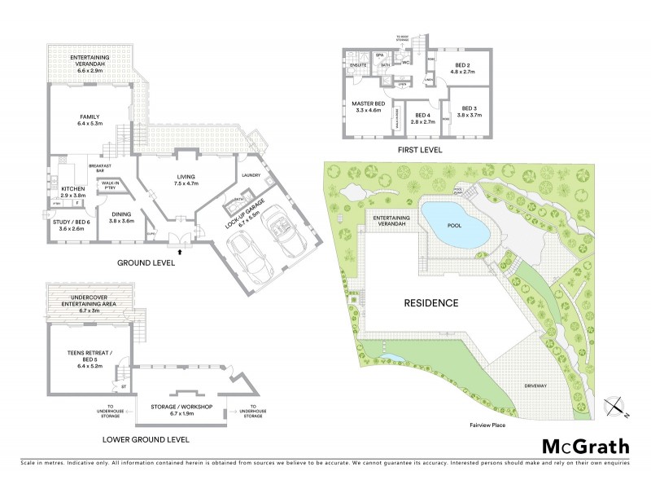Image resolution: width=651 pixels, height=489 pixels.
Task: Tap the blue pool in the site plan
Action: (x=455, y=224)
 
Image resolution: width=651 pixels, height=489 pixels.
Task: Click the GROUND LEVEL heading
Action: (x=146, y=262)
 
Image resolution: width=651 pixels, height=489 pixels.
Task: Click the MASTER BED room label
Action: (x=368, y=108)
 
